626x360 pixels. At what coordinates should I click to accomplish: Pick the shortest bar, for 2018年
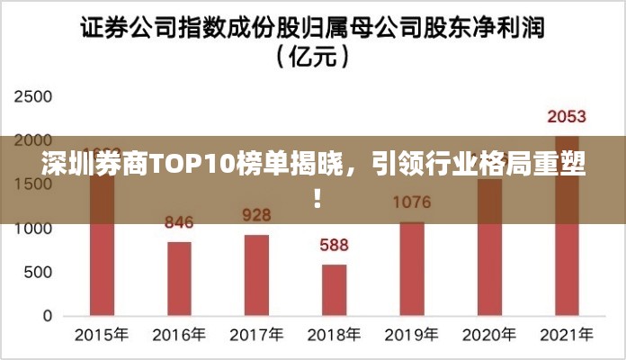point(334,290)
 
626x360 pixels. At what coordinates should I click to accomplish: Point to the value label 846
point(179,222)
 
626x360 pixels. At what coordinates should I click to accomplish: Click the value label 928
point(256,215)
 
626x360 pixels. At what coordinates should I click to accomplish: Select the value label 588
point(334,245)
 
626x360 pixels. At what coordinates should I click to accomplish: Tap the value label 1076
point(412,202)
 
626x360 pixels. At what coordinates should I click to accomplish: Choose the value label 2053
point(567,116)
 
